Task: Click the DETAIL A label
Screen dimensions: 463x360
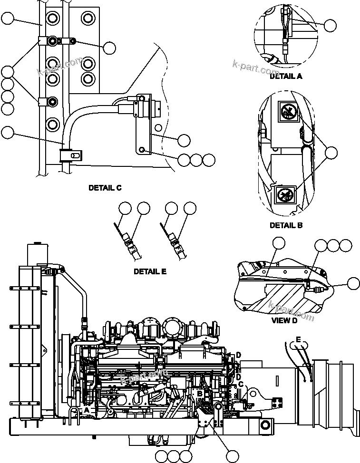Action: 286,76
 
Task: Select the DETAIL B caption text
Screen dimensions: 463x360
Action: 286,225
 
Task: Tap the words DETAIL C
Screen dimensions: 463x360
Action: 105,188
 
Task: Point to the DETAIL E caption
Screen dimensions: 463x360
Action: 150,272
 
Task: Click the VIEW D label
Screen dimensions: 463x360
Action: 284,320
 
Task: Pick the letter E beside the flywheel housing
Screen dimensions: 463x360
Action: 298,339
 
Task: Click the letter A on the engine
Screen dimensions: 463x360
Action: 87,409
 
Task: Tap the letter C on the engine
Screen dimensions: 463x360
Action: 241,384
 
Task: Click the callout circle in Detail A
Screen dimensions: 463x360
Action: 330,25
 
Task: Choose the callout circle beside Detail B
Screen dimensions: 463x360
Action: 331,152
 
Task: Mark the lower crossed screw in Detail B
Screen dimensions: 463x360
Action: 286,195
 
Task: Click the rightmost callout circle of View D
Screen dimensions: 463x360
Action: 353,283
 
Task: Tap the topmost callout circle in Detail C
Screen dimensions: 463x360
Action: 8,19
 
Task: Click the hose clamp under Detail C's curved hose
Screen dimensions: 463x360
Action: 71,155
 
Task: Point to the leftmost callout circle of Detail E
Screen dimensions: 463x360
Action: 125,208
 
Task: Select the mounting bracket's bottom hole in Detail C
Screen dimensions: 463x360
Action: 142,150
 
